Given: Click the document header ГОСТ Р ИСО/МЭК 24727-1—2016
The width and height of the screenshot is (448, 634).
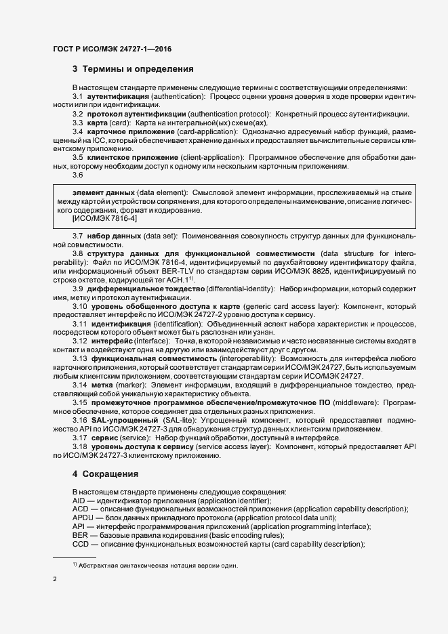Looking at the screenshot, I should [102, 49].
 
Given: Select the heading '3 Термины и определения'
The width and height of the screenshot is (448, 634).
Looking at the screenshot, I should [133, 69].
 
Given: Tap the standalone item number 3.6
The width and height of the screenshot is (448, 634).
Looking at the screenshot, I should [77, 175].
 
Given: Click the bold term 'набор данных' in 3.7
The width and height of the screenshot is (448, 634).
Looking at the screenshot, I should [113, 235].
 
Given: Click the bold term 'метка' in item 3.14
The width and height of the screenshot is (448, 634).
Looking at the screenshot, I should [101, 384].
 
